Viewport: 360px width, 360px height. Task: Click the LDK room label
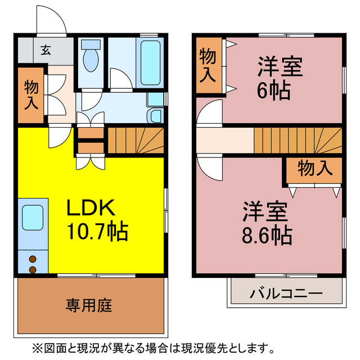click(91, 209)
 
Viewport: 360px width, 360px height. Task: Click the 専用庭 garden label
click(89, 305)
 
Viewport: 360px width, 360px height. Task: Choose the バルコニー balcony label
click(286, 294)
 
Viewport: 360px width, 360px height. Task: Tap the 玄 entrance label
click(45, 49)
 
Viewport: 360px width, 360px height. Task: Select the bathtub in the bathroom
click(150, 63)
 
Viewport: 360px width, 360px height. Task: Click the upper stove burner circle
click(32, 259)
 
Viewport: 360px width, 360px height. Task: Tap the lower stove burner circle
click(32, 269)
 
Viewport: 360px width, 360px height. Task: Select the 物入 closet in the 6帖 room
click(209, 65)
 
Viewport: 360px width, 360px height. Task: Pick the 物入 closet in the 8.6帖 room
click(313, 168)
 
